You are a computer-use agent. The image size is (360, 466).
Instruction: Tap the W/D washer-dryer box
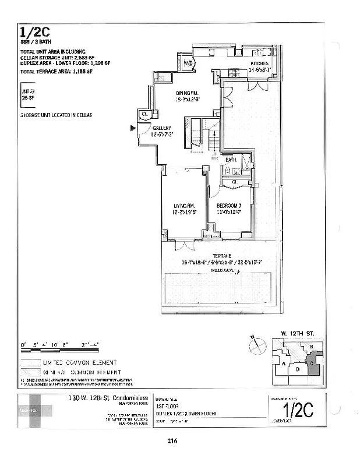188,63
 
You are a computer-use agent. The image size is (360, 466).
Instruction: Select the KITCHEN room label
259,63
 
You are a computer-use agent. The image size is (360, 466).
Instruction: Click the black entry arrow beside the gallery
133,128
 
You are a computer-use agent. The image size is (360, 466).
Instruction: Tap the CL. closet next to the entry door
144,114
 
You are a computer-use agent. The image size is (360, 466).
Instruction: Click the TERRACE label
221,256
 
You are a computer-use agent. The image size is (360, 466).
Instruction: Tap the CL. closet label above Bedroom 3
235,182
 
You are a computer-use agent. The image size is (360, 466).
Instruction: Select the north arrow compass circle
256,346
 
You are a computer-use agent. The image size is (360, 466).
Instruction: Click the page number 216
172,441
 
